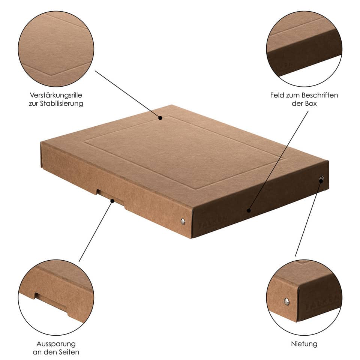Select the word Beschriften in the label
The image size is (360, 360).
319,95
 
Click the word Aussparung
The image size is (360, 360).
56,343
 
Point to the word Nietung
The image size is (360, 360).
304,343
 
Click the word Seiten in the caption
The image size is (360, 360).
69,352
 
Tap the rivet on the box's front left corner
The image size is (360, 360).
183,221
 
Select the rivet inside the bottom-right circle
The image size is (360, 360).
286,300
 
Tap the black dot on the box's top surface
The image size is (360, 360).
160,118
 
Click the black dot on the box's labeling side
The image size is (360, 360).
248,211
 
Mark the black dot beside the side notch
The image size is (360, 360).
112,201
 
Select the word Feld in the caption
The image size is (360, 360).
277,95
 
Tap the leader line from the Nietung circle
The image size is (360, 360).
307,221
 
